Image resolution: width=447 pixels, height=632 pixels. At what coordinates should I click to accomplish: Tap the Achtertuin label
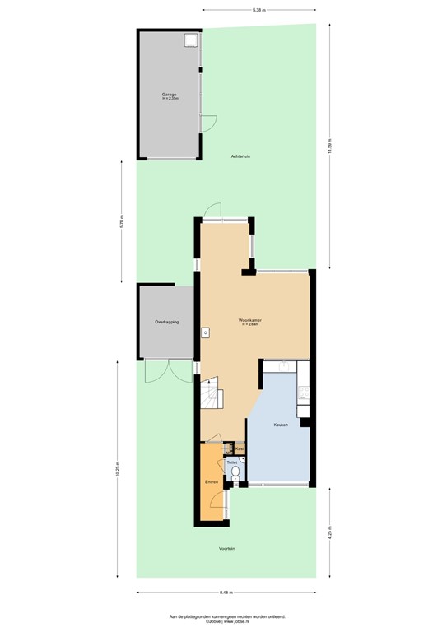(241, 156)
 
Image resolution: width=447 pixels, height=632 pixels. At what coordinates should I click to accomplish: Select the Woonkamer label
(249, 322)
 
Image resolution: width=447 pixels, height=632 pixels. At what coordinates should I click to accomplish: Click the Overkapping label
(167, 322)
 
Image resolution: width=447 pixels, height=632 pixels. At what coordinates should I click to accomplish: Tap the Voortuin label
(227, 548)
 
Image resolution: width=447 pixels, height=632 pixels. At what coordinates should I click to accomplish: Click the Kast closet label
(239, 448)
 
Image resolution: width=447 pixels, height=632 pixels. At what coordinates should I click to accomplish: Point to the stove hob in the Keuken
(304, 394)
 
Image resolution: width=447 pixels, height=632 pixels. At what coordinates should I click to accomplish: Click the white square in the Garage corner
(192, 39)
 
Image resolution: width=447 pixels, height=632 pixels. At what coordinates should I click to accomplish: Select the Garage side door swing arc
(210, 123)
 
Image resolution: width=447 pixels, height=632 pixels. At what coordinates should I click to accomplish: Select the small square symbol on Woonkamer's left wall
(205, 333)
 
